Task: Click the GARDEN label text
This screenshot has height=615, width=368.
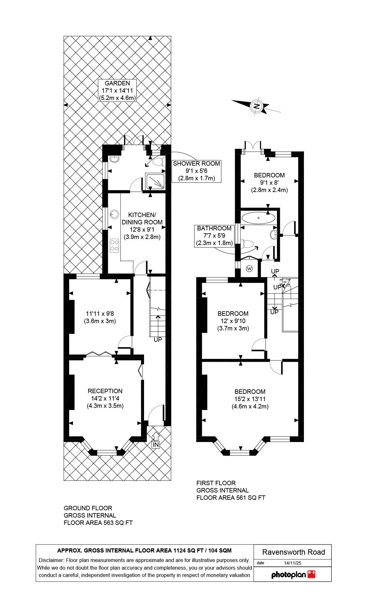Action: (x=117, y=83)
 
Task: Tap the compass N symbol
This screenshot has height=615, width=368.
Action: (x=256, y=106)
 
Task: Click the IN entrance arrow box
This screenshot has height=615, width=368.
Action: (x=155, y=445)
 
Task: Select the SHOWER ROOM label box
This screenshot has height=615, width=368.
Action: (x=196, y=171)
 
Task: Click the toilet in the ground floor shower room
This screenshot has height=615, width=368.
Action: (x=159, y=162)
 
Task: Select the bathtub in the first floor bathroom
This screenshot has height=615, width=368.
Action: (x=258, y=218)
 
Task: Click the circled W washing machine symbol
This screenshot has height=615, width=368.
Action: (x=249, y=269)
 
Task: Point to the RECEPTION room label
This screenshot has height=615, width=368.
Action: (x=105, y=391)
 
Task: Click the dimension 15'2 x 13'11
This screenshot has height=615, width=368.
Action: (x=250, y=399)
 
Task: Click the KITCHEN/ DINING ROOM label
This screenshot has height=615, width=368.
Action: (x=142, y=219)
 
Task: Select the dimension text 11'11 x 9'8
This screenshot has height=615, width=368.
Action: (x=100, y=314)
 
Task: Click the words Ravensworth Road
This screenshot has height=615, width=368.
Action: (x=293, y=552)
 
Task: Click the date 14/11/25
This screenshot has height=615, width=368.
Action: (x=292, y=563)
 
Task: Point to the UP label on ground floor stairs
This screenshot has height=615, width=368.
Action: (x=158, y=340)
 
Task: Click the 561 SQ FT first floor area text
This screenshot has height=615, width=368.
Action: (x=250, y=498)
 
